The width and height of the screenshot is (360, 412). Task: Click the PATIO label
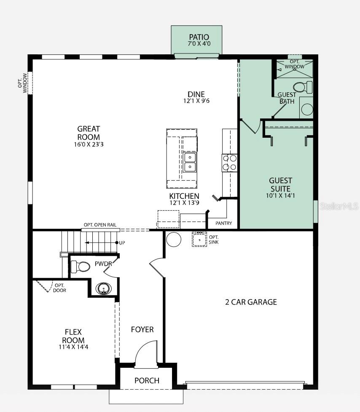click(199, 37)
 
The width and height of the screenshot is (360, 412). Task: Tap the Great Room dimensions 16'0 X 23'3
click(89, 144)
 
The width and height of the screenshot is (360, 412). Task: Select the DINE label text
click(196, 94)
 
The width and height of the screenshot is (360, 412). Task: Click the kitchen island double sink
click(190, 162)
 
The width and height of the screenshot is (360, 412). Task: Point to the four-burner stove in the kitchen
click(230, 163)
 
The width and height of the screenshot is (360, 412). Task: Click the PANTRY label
click(223, 223)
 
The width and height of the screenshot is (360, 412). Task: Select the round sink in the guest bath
click(307, 109)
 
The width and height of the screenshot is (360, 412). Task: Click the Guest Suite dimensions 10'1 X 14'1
click(280, 195)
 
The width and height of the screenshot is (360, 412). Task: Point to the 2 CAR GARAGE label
click(251, 302)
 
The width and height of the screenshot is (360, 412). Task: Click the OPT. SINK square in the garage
click(199, 239)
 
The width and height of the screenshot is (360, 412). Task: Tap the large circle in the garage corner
click(174, 239)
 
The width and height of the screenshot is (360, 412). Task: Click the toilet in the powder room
click(81, 266)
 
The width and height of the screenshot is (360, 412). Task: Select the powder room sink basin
click(103, 289)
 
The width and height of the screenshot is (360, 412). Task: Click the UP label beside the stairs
click(122, 243)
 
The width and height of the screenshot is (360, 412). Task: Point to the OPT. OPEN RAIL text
click(100, 225)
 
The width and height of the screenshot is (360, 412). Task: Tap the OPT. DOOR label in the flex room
click(59, 288)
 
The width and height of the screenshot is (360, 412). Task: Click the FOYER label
click(142, 329)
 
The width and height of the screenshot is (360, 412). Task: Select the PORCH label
click(147, 380)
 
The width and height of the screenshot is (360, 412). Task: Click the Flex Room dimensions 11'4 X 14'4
click(73, 347)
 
